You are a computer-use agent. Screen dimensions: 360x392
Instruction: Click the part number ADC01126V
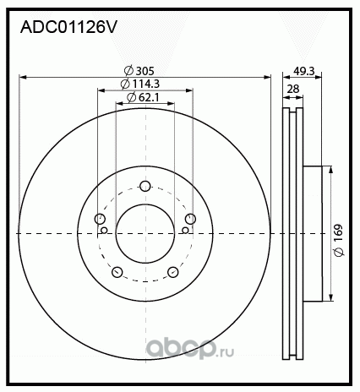(x=68, y=27)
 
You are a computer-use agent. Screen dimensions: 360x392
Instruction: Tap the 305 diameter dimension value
(x=145, y=71)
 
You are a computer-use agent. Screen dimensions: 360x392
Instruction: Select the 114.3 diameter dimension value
(x=146, y=84)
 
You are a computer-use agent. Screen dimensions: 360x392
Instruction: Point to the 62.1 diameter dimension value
(x=149, y=97)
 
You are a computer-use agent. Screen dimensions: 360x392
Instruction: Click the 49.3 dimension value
(x=303, y=71)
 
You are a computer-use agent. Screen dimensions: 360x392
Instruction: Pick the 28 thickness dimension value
(x=293, y=89)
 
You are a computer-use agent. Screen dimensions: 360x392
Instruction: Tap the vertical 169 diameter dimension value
(x=338, y=232)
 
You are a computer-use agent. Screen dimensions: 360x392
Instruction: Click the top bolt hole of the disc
(x=145, y=186)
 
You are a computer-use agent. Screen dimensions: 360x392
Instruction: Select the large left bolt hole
(x=100, y=219)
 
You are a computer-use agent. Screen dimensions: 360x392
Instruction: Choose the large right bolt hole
(x=190, y=219)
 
